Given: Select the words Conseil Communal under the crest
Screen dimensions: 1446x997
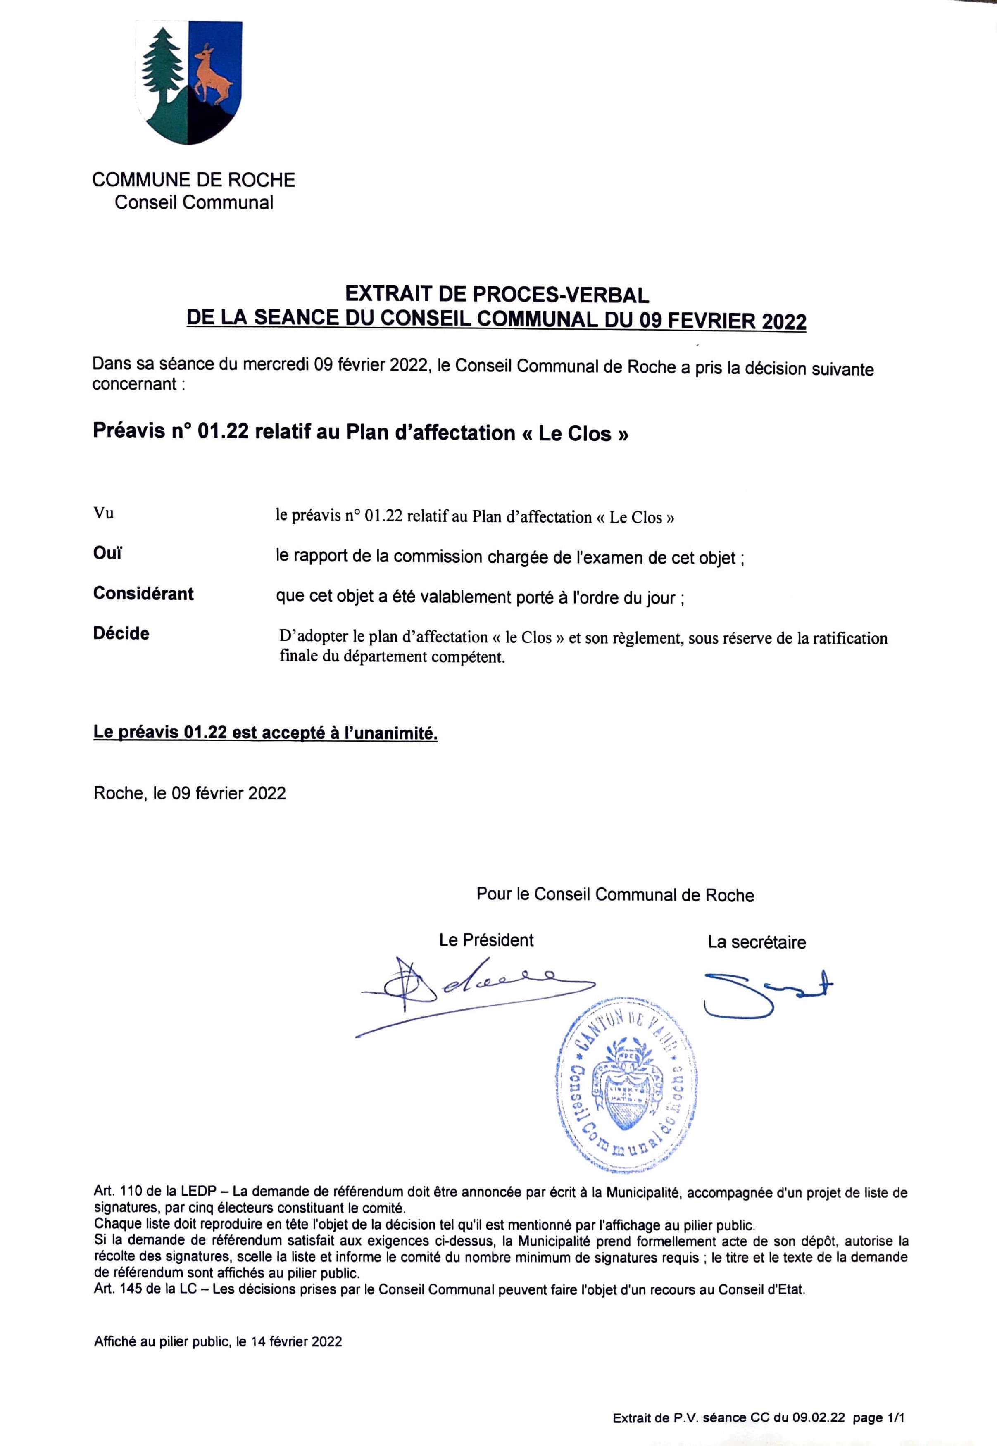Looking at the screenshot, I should tap(194, 202).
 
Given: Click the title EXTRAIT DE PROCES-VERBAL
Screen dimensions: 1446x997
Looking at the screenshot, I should tap(497, 294).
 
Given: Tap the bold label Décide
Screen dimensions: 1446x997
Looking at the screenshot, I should tap(121, 633).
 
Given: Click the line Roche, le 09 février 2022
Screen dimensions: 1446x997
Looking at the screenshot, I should tap(189, 793).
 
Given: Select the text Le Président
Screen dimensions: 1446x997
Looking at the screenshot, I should tap(486, 940).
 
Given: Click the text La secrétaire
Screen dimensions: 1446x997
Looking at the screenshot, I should tap(757, 942).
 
